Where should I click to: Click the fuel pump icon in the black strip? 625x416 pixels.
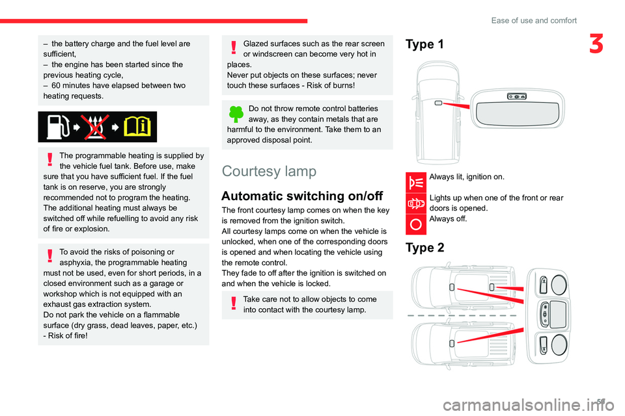(58, 127)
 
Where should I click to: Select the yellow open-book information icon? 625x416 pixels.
(137, 127)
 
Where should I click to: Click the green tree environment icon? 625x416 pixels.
(236, 114)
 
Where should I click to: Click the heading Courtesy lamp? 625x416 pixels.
(269, 171)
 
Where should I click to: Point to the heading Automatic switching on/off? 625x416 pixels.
(302, 196)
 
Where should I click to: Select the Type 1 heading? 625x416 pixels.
(424, 44)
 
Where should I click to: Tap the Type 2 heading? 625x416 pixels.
(425, 248)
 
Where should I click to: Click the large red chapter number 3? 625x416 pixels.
(596, 44)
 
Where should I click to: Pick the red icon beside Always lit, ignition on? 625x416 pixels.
(416, 183)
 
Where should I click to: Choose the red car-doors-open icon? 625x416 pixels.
(416, 203)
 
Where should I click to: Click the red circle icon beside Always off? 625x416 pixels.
(416, 224)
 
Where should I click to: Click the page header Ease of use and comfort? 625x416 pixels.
(534, 20)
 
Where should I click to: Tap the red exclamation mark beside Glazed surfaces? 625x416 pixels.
(234, 47)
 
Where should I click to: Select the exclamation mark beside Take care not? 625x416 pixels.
(234, 304)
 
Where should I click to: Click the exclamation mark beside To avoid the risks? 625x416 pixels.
(50, 255)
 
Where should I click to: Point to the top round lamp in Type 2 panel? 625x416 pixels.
(559, 285)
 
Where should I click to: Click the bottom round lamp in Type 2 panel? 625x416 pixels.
(559, 344)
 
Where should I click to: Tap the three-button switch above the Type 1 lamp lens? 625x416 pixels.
(516, 96)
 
